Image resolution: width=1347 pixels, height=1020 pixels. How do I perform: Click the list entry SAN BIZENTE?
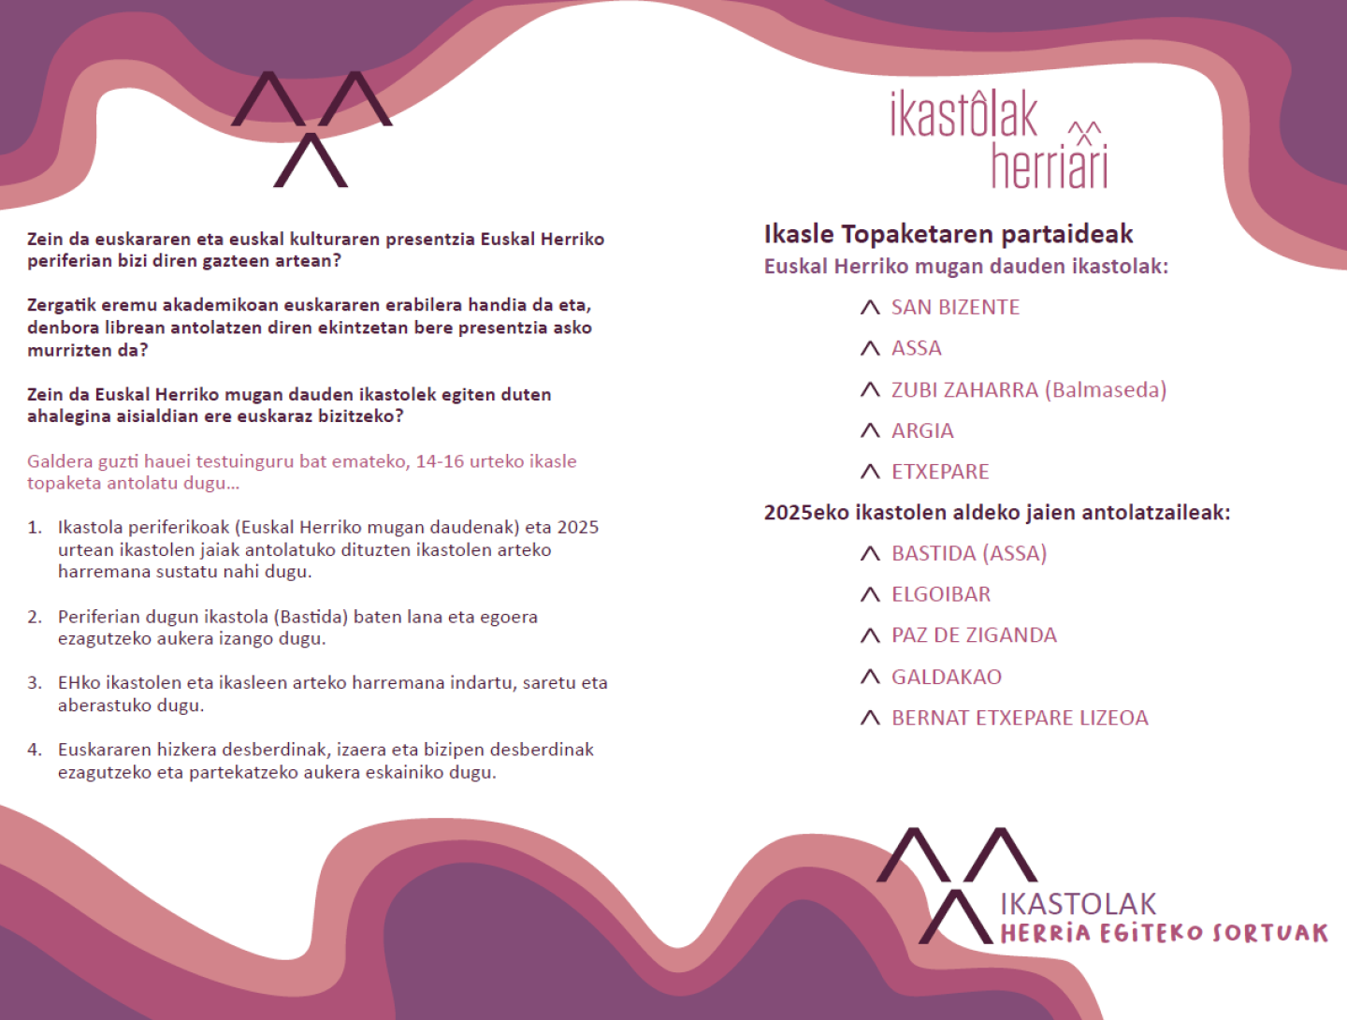955,308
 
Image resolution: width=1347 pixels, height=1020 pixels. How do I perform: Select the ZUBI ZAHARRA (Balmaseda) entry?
1028,390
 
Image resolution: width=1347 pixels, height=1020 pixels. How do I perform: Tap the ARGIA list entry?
922,431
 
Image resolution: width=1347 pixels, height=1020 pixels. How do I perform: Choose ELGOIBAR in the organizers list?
940,595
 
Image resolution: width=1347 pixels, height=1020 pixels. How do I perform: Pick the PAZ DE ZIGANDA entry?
974,635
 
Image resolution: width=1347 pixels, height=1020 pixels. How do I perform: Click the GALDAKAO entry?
946,677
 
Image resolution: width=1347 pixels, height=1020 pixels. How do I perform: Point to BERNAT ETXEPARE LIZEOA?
1020,718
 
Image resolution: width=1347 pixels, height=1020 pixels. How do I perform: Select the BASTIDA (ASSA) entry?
968,554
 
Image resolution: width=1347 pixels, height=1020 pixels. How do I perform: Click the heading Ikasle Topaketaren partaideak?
948,234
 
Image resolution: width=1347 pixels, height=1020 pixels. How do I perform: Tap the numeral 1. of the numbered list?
35,528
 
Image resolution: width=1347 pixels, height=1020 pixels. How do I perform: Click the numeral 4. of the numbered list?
35,750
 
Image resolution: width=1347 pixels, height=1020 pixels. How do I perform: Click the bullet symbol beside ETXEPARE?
870,472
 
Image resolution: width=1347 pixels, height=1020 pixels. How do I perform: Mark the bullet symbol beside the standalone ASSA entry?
870,349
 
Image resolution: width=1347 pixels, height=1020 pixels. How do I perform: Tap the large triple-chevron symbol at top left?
311,128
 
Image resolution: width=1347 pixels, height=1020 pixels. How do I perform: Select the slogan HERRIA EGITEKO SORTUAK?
1164,934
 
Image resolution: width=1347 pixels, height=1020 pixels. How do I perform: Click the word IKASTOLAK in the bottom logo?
1078,904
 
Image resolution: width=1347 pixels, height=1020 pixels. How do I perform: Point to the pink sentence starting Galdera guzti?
301,473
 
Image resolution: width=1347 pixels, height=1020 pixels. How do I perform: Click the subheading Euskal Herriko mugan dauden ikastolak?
965,267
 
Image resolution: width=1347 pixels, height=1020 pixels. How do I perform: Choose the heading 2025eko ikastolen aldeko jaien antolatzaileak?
996,513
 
